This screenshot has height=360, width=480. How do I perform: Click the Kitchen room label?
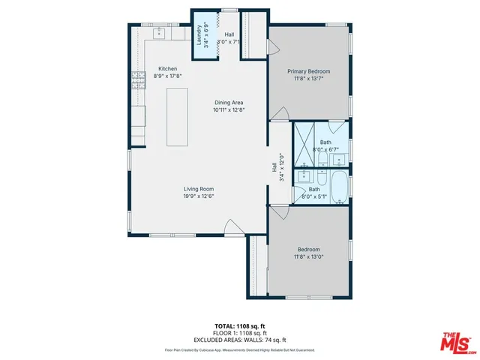coord(166,69)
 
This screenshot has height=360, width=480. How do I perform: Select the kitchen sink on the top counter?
coord(159,34)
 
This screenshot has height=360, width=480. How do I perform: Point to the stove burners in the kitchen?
coord(138,79)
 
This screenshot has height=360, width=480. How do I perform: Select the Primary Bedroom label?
coord(309,72)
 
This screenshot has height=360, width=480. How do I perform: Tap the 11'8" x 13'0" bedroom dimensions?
coord(309,256)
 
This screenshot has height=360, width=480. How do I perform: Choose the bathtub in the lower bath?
coord(338,187)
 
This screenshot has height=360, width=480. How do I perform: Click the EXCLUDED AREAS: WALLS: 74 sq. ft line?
coord(239,340)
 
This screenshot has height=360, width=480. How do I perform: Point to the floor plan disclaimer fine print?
coord(239,349)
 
